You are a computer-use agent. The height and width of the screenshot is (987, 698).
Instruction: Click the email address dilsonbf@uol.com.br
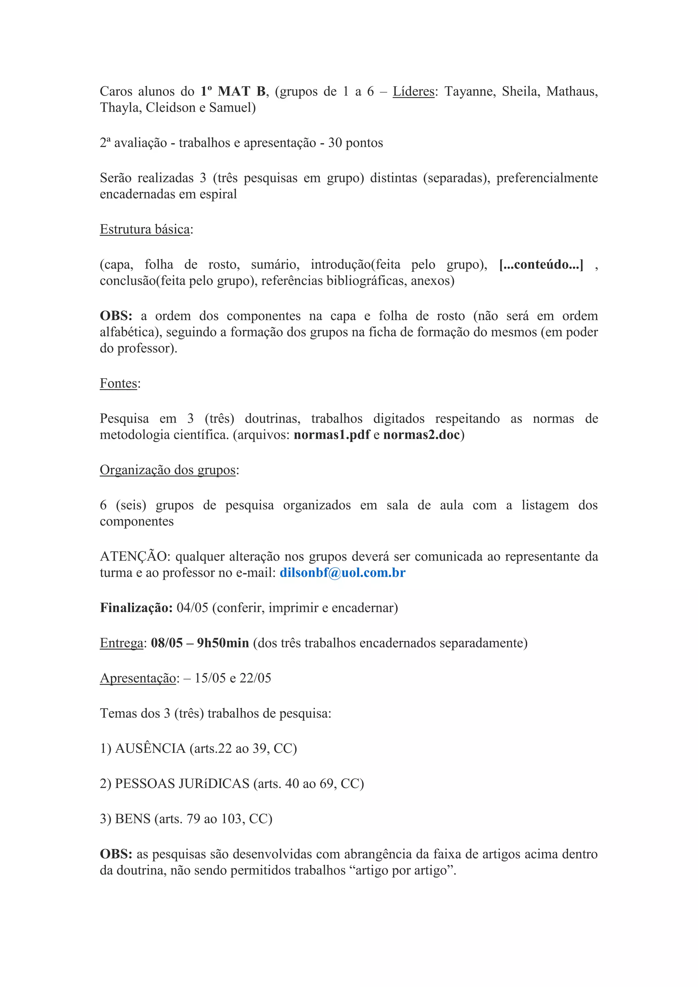point(342,573)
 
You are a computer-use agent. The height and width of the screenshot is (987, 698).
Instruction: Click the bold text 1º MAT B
point(233,92)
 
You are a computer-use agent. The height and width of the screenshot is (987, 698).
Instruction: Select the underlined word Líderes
point(413,92)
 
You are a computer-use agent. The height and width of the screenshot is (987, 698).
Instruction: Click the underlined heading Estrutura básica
point(145,229)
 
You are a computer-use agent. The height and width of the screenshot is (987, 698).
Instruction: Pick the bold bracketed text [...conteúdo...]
point(541,264)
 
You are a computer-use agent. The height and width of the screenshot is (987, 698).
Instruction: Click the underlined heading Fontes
point(119,383)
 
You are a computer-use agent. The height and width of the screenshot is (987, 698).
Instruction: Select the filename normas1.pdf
point(332,435)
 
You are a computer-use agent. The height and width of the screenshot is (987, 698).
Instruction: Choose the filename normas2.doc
point(422,435)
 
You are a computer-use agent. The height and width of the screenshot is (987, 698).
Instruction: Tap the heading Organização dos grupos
point(168,470)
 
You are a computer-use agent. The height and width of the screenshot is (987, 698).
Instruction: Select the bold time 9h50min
point(223,643)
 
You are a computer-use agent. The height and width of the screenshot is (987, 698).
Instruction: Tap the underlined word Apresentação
point(138,678)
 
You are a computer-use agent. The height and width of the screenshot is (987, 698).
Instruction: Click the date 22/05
point(255,678)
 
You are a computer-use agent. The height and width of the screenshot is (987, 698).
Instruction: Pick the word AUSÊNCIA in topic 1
point(150,748)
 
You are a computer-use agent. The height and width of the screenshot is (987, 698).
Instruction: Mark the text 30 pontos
point(355,143)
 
